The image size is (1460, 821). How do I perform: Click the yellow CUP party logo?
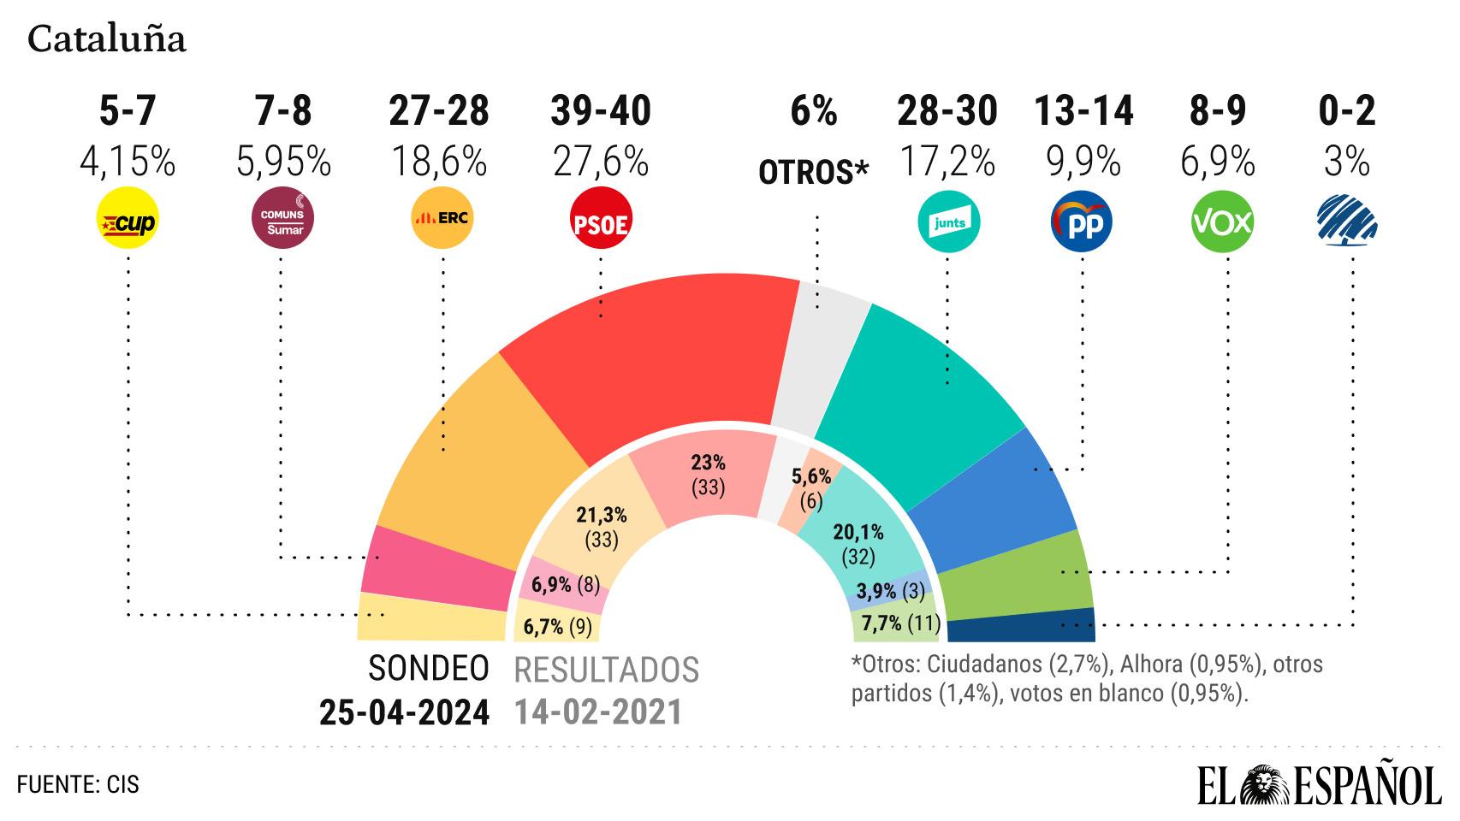128,221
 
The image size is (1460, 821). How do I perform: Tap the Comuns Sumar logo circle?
282,221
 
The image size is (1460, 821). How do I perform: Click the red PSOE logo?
600,222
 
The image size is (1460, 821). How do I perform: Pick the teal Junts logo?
948,222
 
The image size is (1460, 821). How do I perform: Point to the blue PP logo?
1081,222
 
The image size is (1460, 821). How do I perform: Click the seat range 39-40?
600,111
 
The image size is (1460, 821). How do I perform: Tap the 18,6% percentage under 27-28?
439,162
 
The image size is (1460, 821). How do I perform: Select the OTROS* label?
813,173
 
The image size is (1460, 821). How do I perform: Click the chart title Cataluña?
107,39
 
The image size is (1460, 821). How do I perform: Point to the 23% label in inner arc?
708,463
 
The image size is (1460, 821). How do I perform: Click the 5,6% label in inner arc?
811,477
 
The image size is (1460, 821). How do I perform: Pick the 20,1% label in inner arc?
858,532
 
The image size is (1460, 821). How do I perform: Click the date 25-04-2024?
404,712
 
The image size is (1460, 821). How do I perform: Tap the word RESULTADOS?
606,670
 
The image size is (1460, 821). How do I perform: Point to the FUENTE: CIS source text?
78,783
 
